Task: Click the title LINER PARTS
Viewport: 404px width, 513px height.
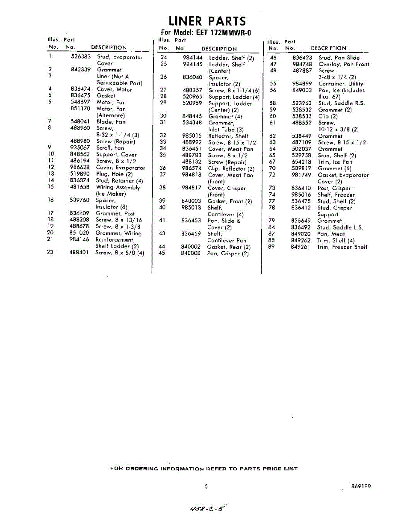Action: click(207, 21)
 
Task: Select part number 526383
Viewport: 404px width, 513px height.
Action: click(80, 56)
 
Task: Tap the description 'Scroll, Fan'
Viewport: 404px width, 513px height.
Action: click(110, 148)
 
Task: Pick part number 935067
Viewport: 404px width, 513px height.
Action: click(80, 148)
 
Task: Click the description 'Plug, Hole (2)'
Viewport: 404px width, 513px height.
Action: click(114, 174)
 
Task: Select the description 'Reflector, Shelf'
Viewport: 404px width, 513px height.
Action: click(228, 136)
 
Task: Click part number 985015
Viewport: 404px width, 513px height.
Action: click(192, 136)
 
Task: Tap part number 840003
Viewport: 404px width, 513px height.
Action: click(191, 201)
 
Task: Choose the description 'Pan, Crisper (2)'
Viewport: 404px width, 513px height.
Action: click(228, 254)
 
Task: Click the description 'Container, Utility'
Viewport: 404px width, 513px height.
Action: click(340, 84)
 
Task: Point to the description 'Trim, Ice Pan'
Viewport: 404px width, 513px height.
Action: click(335, 162)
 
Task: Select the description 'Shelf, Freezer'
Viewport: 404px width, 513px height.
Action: click(336, 195)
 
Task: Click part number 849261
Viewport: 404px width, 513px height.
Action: click(301, 247)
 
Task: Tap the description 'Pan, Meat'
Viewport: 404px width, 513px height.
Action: click(331, 234)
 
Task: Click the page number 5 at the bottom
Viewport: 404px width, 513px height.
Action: click(206, 486)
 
